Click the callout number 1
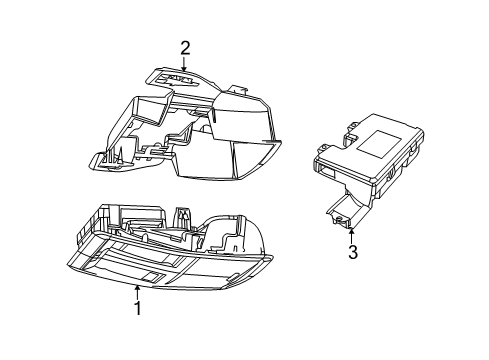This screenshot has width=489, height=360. [x=137, y=309]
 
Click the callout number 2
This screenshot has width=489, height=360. [x=185, y=47]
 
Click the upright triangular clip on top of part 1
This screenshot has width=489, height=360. [x=184, y=215]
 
